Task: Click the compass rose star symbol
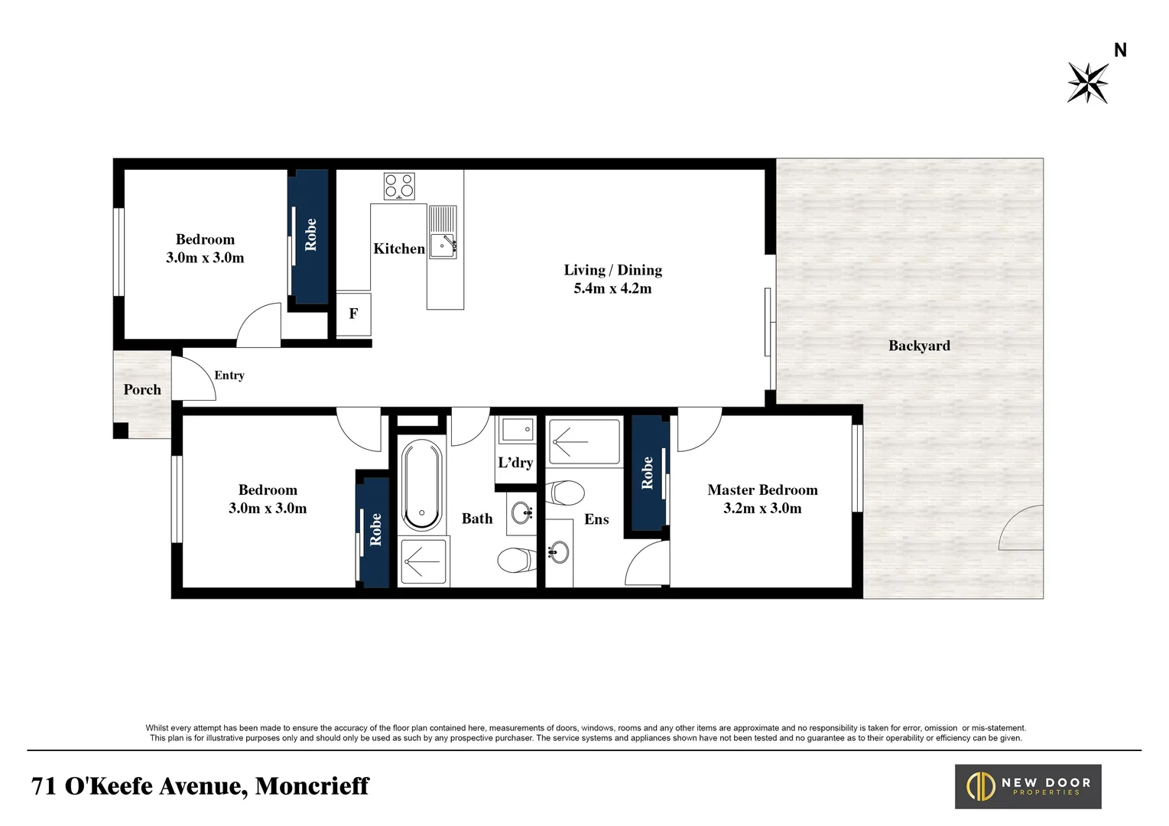(1088, 83)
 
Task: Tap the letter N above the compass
(1120, 50)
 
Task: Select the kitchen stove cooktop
(399, 186)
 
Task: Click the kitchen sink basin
(443, 246)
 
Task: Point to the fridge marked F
(353, 314)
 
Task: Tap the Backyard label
(919, 346)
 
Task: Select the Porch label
(142, 389)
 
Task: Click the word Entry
(229, 376)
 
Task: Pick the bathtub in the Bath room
(422, 485)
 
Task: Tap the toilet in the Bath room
(517, 561)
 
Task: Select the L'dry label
(515, 463)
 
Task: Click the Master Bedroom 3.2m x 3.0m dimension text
(762, 508)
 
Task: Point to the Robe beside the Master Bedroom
(647, 473)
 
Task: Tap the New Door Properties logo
(1028, 786)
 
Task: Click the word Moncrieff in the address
(312, 785)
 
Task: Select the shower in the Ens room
(584, 442)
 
